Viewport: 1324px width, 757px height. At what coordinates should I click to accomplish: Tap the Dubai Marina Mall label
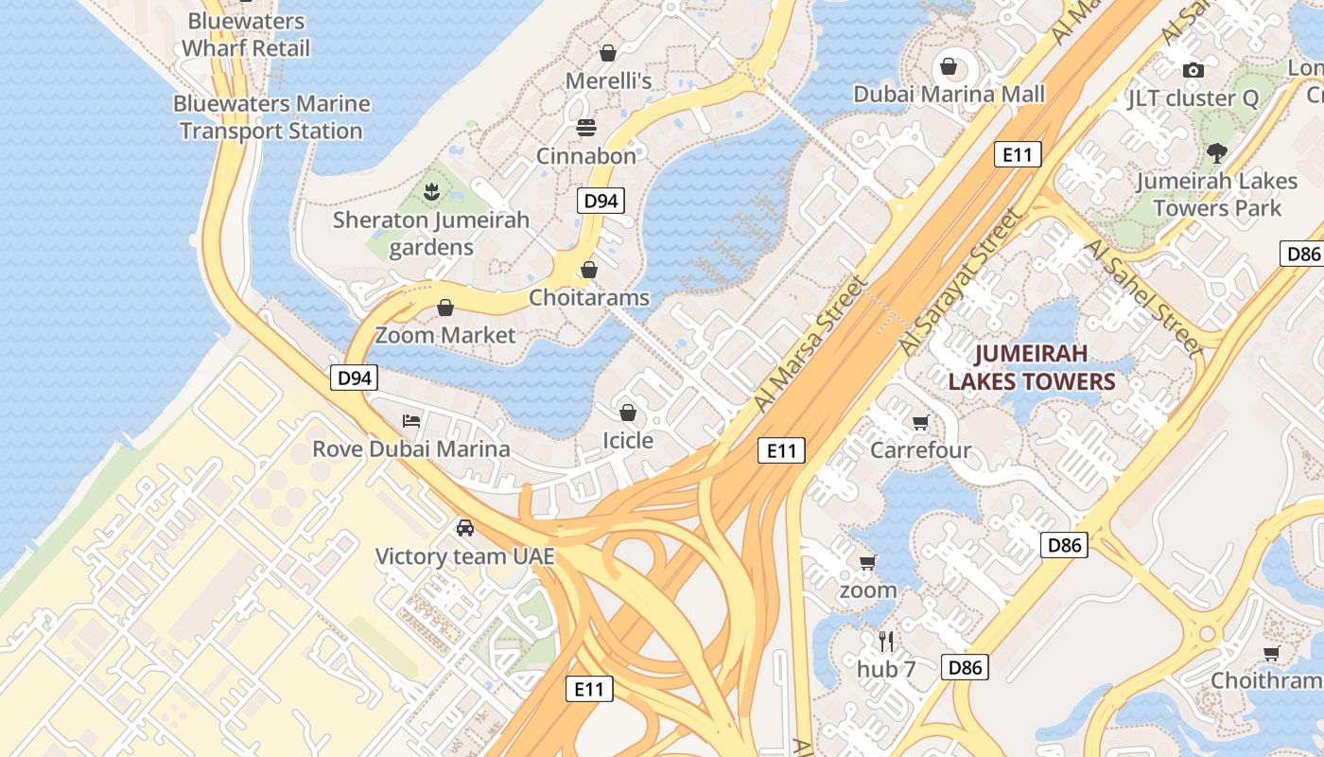949,94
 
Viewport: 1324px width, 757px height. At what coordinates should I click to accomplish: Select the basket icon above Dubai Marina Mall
949,66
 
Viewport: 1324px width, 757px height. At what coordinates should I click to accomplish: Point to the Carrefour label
920,449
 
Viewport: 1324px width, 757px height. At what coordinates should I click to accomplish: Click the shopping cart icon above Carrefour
920,422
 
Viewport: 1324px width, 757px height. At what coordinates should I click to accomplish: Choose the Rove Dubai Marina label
411,449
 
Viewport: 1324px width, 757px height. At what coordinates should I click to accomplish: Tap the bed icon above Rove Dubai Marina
411,420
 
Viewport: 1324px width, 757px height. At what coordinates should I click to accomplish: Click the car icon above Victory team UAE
464,528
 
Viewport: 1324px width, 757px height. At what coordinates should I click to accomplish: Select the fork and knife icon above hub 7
886,642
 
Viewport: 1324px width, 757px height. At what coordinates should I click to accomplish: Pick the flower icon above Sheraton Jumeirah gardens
431,192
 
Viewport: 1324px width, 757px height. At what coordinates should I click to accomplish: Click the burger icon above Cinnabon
586,128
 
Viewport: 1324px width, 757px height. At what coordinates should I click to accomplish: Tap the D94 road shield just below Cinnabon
601,201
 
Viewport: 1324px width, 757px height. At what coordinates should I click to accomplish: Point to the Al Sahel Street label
1144,297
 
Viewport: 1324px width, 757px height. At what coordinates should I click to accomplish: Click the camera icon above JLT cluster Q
1193,70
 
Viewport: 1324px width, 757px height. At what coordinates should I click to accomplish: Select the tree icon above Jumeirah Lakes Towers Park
1217,152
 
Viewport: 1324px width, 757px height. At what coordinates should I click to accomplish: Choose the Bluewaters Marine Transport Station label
271,117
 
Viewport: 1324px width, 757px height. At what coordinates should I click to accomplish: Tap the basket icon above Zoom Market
445,308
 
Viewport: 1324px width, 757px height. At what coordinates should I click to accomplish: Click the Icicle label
628,440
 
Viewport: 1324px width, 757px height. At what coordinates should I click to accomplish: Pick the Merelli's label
608,80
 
